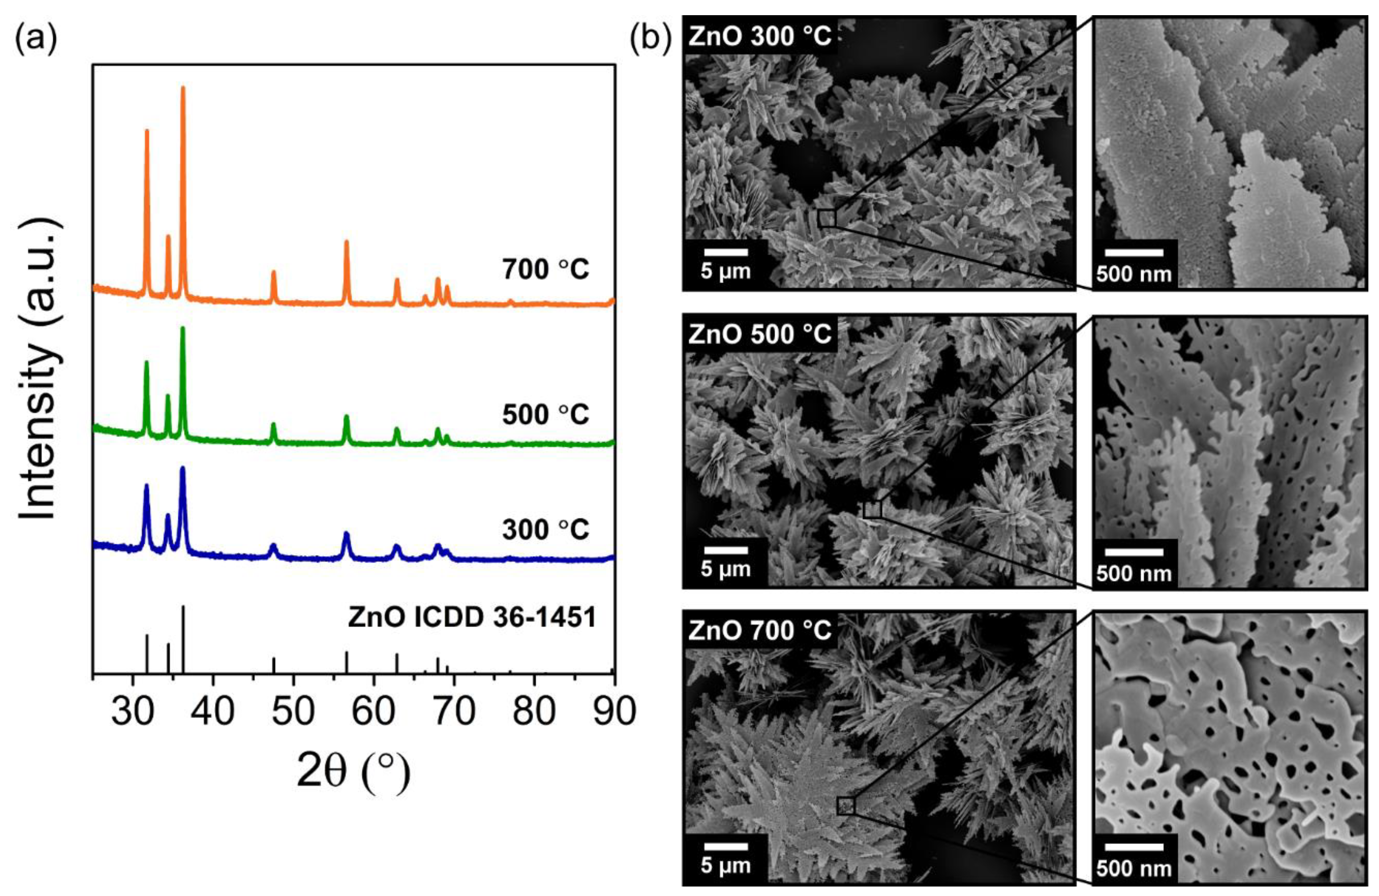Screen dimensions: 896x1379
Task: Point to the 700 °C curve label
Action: coord(546,269)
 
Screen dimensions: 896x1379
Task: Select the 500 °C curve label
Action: coord(546,414)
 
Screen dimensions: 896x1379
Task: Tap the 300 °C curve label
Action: coord(546,529)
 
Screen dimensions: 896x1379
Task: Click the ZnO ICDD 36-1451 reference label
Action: coord(472,617)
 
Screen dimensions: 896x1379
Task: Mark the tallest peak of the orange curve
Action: coord(183,88)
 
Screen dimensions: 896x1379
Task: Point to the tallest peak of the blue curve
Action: coord(183,468)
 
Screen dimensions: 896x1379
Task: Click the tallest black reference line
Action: coord(183,637)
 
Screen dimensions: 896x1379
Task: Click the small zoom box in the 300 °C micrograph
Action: coord(827,218)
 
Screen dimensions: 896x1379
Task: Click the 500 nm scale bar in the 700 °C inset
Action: coord(1134,846)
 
